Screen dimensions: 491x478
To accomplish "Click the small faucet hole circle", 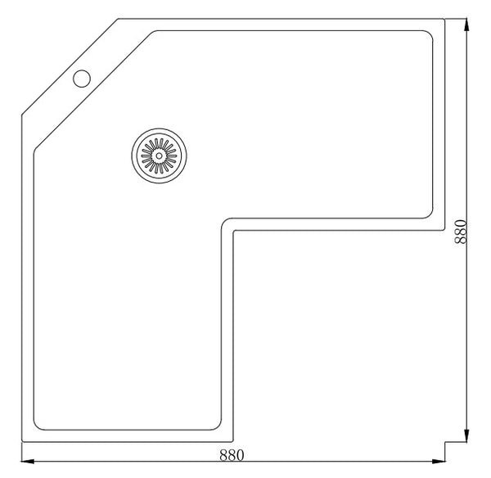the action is (82, 79).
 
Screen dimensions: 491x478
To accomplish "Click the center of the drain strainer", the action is (159, 156).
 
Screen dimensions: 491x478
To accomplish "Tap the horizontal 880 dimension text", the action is (232, 455).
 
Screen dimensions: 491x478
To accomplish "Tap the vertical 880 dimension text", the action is (460, 232).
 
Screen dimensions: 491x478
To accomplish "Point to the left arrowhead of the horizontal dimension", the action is (28, 461).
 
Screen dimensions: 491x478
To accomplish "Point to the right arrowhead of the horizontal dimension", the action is (439, 461).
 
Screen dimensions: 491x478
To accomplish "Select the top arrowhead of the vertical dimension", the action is (466, 25).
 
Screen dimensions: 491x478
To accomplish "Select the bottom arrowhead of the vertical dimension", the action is (466, 435).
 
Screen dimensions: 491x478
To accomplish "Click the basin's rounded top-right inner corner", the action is (430, 34).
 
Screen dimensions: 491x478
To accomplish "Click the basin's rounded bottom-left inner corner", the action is (37, 426).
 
